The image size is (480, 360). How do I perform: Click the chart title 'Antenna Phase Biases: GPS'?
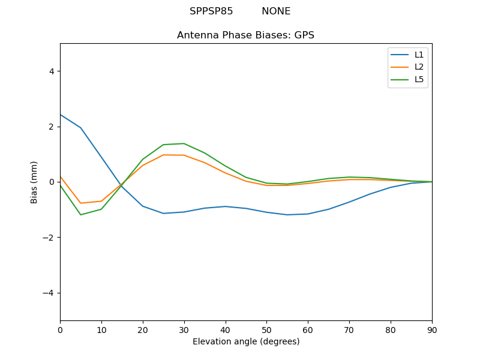pos(245,35)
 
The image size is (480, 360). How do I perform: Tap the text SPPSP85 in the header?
pos(211,11)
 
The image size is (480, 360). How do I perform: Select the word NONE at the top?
pos(276,11)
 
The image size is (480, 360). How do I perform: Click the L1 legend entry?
pos(419,55)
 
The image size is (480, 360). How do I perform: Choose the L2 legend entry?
pos(419,67)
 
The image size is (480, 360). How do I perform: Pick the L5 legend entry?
pos(419,79)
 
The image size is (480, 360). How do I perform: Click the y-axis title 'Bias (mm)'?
pos(35,182)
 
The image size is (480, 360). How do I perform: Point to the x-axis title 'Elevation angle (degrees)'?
pos(245,341)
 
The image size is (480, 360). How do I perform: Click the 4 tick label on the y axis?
pos(51,71)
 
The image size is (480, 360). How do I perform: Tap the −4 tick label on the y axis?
pos(49,293)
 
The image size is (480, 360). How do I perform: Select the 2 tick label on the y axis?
pos(51,127)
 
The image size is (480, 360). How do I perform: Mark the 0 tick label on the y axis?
pos(51,182)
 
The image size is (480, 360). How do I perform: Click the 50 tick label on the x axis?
pos(266,329)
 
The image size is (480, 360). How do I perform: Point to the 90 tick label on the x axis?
pos(431,329)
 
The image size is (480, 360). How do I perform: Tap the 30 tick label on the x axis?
pos(184,329)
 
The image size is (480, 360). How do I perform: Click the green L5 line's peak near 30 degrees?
pos(184,143)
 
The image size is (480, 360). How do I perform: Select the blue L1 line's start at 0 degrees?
pos(61,115)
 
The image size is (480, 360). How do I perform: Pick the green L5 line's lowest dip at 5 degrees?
pos(81,215)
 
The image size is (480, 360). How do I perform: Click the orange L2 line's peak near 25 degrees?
pos(163,155)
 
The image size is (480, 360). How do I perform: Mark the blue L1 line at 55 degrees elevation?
pos(287,215)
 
